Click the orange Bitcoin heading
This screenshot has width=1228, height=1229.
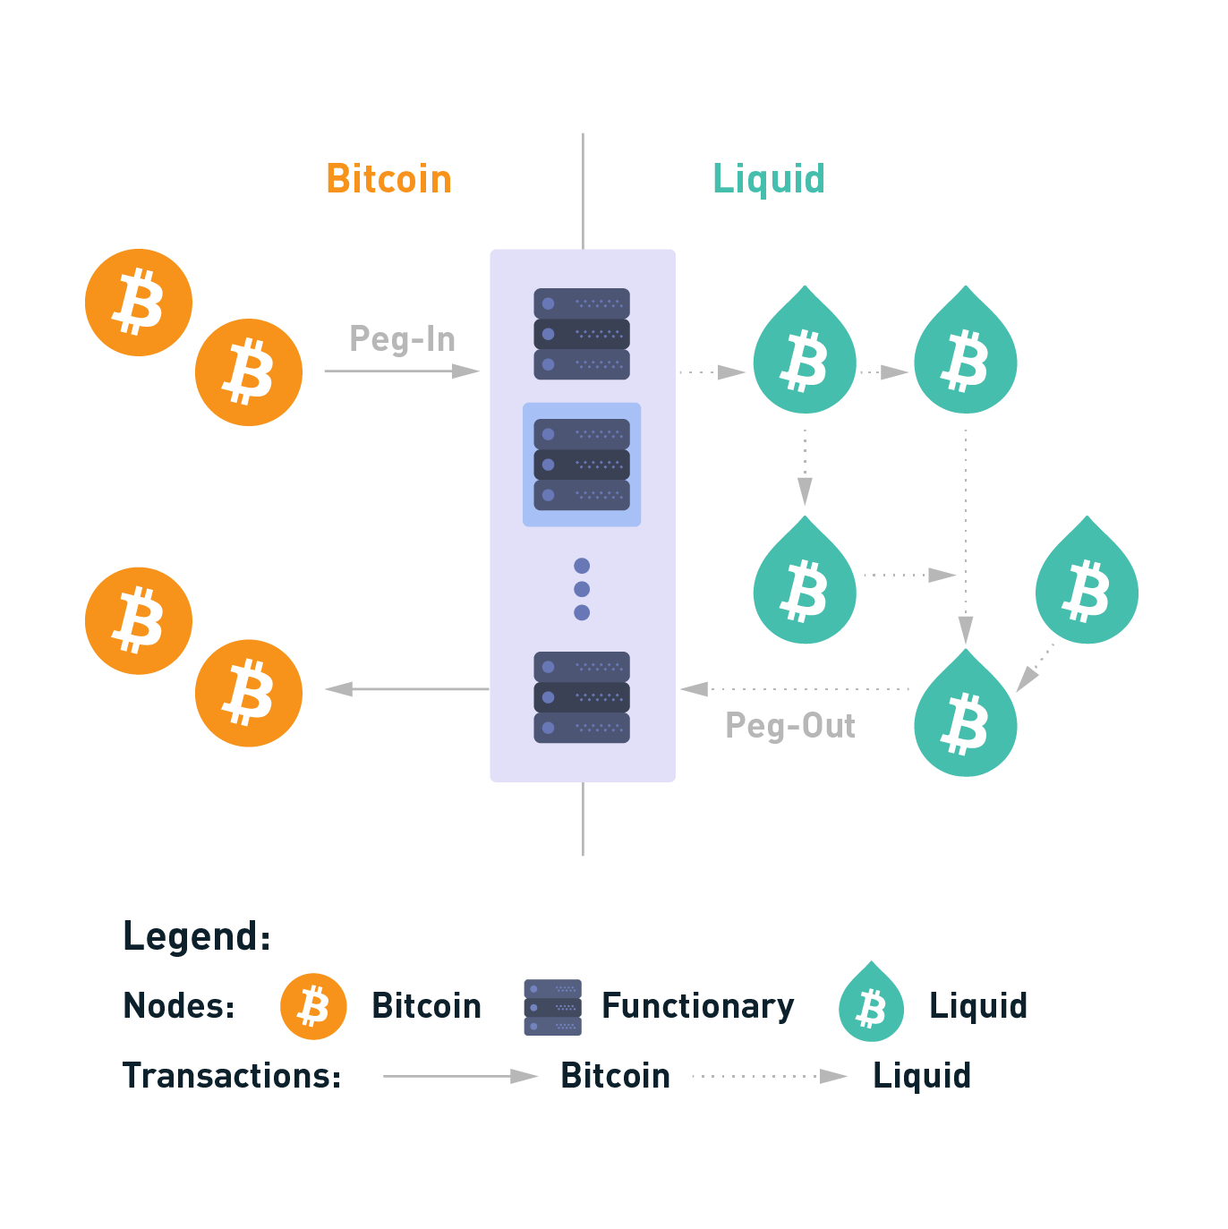click(388, 179)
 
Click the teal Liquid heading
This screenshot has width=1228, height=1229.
click(768, 179)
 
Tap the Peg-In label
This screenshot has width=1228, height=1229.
click(402, 339)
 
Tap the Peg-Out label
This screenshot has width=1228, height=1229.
click(789, 726)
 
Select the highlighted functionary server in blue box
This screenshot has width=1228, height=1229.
click(582, 465)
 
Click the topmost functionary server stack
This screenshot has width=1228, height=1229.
click(582, 334)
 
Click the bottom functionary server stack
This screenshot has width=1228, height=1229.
click(582, 697)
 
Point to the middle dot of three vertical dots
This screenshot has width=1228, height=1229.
click(582, 589)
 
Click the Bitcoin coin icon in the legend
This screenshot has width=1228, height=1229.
click(313, 1006)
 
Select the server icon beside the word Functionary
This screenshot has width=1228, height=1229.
click(552, 1007)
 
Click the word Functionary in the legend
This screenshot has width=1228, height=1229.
click(697, 1006)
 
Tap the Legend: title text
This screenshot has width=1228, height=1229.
click(196, 936)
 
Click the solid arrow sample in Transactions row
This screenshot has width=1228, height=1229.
click(460, 1076)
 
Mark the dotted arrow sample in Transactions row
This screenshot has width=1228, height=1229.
click(770, 1076)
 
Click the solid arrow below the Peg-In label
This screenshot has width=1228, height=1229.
click(401, 371)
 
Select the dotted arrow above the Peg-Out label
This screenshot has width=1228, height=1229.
click(795, 689)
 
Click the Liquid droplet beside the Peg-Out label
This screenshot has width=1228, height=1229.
click(965, 716)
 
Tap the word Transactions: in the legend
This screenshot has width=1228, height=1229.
click(232, 1076)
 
